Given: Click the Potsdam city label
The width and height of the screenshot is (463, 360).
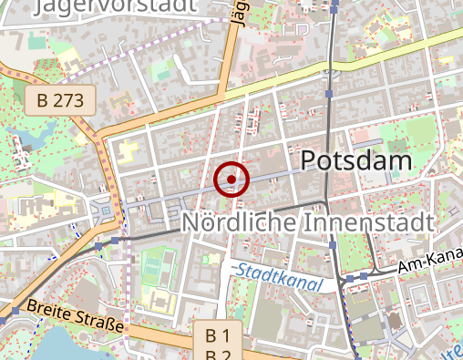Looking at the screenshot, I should point(355,161).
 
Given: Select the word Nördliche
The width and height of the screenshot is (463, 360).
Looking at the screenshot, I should point(232,222).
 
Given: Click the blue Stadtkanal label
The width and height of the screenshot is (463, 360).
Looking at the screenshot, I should point(278,277).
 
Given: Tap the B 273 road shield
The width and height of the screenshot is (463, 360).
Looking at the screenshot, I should point(60,101).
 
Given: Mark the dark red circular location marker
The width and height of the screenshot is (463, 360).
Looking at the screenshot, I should point(231,179).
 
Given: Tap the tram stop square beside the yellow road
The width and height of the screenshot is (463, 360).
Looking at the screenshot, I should point(330,93).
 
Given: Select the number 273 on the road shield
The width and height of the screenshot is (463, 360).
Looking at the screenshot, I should point(72,101).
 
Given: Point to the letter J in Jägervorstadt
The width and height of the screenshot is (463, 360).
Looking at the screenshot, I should point(38,6).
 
